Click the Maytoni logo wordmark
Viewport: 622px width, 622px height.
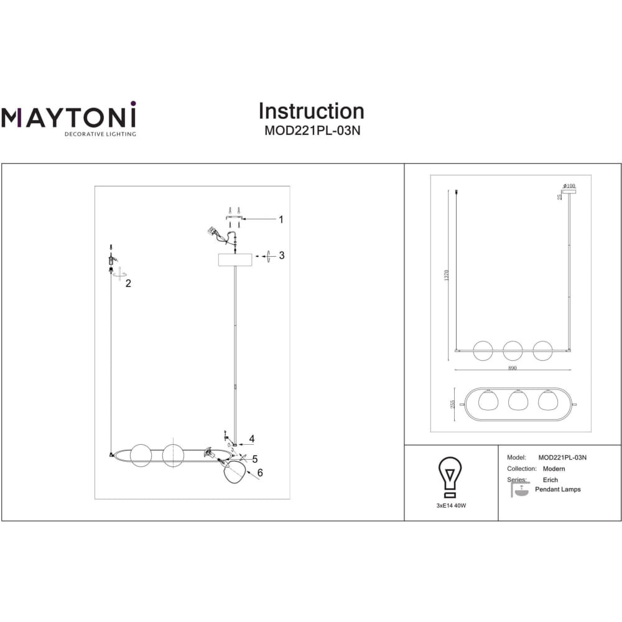[68, 117]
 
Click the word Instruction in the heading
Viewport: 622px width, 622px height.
[311, 111]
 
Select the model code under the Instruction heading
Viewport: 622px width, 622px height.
[311, 131]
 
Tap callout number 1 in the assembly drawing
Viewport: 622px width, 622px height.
[281, 220]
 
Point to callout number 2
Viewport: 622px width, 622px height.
[128, 284]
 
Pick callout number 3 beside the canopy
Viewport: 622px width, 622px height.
[281, 255]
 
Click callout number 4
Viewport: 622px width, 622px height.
[251, 439]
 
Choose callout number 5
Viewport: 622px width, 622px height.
[254, 459]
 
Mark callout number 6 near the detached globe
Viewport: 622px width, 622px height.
[260, 473]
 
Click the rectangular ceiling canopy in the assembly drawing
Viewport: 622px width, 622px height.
[234, 259]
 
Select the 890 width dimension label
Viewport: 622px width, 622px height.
[513, 368]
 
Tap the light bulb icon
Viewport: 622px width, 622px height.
[451, 476]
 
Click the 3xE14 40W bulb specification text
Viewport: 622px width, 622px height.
[451, 506]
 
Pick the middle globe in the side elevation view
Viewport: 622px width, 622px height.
[513, 350]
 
